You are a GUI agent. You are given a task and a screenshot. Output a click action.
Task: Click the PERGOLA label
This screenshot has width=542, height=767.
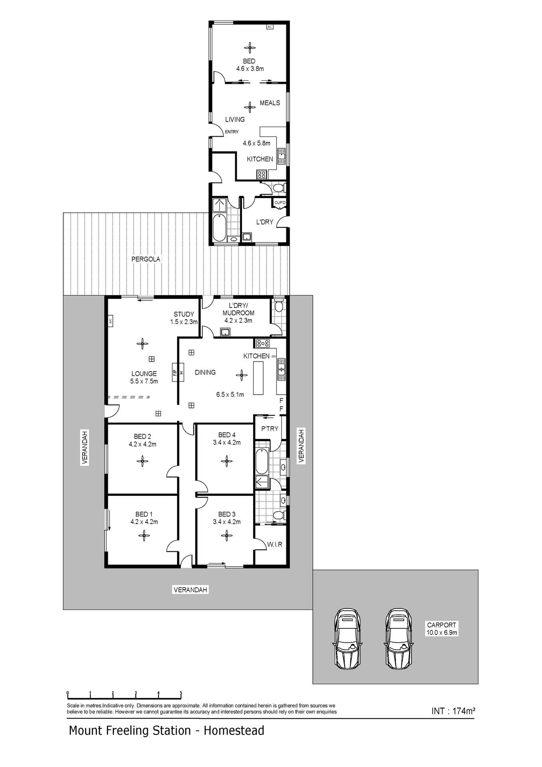click(146, 259)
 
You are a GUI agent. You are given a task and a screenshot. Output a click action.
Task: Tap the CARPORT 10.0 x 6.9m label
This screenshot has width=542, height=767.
click(441, 629)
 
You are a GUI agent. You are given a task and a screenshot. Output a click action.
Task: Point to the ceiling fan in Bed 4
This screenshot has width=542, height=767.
click(226, 461)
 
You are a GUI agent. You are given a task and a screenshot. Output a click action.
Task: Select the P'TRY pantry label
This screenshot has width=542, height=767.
click(270, 429)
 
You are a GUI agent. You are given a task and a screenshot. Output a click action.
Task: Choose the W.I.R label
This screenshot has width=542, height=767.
click(275, 544)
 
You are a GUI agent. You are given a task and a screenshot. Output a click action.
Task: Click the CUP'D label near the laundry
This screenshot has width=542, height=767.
click(280, 203)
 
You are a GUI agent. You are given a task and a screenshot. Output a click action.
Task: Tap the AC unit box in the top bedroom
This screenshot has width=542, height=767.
click(270, 27)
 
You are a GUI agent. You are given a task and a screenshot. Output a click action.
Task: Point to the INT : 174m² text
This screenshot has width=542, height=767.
click(453, 711)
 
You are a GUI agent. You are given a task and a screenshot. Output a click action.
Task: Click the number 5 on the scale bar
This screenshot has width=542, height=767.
click(181, 693)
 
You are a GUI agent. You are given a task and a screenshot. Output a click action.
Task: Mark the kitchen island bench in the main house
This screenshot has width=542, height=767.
click(258, 378)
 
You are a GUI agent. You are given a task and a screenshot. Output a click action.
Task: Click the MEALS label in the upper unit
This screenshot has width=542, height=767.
click(270, 103)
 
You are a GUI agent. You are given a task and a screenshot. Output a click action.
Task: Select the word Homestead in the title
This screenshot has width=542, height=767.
click(234, 731)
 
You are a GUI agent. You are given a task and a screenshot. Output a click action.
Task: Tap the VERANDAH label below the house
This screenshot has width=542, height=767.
click(191, 590)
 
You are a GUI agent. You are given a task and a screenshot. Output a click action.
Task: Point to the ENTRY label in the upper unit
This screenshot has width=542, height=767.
click(232, 132)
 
